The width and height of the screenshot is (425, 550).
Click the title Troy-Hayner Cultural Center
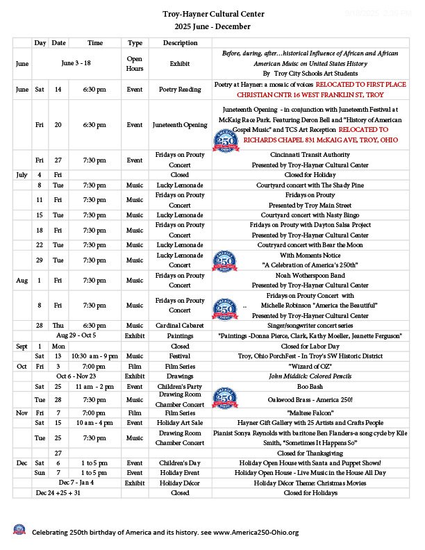tap(213, 14)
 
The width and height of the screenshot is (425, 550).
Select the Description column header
tap(180, 43)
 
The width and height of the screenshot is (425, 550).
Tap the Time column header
tap(95, 43)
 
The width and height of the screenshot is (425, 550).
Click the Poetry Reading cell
tap(180, 90)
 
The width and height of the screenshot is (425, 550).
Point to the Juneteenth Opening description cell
tap(180, 125)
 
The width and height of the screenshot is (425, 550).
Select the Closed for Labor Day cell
tap(310, 346)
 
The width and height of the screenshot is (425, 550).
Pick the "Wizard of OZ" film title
tap(310, 365)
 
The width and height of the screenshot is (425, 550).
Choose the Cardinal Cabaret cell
tap(180, 325)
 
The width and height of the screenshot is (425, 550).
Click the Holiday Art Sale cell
tap(180, 422)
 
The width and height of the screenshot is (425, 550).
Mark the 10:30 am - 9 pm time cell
tap(95, 356)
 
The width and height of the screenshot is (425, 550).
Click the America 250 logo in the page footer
tap(19, 531)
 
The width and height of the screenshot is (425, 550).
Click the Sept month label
tap(22, 346)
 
